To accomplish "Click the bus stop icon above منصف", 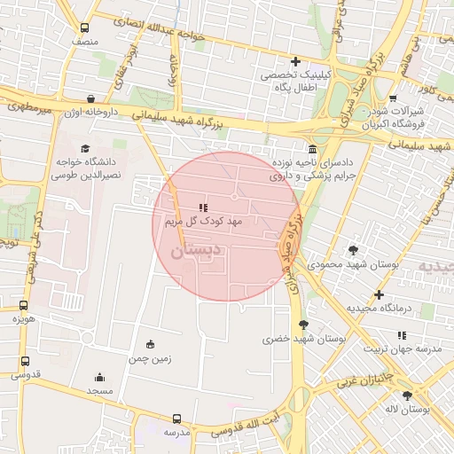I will [x=84, y=27].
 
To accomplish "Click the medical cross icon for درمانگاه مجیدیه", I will [x=380, y=294].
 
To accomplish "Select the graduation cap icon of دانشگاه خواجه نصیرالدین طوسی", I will [x=85, y=149].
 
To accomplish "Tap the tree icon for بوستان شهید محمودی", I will [x=354, y=251].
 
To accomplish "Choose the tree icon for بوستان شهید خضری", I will [x=304, y=325].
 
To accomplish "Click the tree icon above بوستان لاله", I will [x=407, y=395].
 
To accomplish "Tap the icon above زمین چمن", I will [x=149, y=345].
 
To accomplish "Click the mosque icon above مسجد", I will [x=99, y=377].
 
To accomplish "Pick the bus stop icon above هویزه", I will [x=24, y=306].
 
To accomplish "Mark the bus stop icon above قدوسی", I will [x=24, y=362].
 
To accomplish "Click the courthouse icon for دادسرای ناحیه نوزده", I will [x=312, y=148].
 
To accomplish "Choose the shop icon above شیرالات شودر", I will [x=393, y=98].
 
